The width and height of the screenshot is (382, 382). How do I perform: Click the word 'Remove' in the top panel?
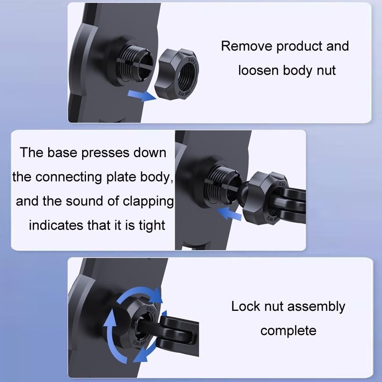(246, 46)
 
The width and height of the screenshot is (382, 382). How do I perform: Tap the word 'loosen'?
(258, 70)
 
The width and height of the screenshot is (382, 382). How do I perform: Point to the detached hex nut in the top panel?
(177, 74)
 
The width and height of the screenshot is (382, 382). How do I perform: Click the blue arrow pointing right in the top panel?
(142, 95)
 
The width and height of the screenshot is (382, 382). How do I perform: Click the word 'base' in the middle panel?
(62, 152)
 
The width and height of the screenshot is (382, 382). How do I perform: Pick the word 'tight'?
(152, 225)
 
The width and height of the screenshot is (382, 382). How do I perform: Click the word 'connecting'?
(68, 178)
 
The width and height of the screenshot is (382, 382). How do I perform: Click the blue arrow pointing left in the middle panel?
(229, 213)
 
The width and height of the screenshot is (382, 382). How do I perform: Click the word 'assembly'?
(317, 307)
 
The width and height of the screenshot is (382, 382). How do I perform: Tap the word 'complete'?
(288, 331)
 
